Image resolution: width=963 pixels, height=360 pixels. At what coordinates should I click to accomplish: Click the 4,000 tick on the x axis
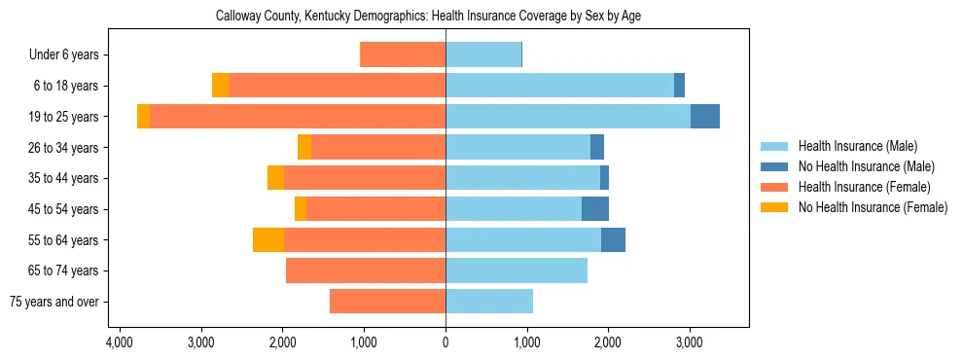pos(120,343)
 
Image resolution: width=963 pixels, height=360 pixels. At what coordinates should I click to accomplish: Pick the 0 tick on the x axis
pos(446,343)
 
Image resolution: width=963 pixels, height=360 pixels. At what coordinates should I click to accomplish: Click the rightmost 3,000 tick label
pos(689,343)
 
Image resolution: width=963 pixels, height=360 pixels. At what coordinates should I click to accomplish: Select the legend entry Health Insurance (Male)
pos(857,146)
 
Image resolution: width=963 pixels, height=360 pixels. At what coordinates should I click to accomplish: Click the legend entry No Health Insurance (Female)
pos(873,207)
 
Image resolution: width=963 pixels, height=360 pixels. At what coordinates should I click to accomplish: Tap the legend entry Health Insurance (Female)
pos(865,187)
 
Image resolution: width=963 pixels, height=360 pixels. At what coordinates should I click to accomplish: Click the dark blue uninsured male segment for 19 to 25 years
pos(705,117)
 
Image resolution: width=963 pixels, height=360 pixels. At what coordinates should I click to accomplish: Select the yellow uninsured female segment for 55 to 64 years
pos(268,239)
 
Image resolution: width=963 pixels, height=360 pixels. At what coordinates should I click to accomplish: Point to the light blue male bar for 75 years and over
pos(489,302)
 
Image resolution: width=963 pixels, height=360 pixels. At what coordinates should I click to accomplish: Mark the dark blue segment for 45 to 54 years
pos(595,209)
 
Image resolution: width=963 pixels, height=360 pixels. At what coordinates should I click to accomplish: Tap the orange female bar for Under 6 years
pos(404,54)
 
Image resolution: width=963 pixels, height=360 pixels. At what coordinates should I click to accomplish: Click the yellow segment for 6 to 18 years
pos(221,86)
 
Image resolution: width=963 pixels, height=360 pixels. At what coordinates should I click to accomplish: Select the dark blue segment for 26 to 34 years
pos(597,147)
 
